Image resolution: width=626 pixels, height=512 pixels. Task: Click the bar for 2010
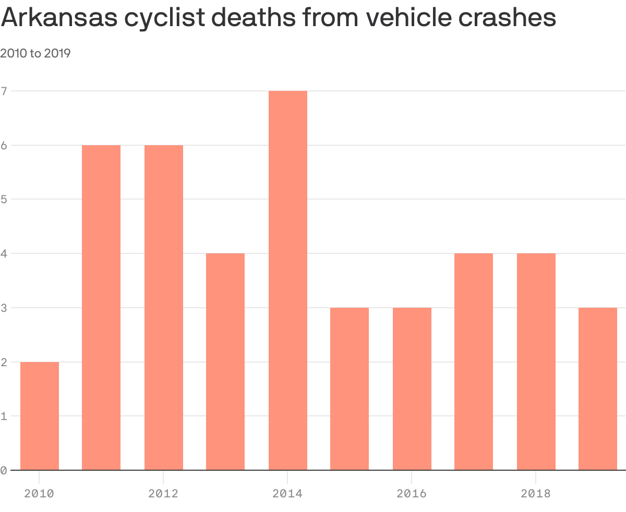coord(40,416)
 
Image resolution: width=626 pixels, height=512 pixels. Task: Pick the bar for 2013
coord(225,362)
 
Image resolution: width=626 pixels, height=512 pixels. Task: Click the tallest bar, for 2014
coord(288,280)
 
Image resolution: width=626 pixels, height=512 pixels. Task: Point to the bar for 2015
coord(350,389)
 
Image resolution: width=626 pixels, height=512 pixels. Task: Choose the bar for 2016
coord(412,389)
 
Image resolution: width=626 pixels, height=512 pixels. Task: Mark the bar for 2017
coord(474,362)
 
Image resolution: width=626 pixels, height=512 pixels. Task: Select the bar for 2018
coord(536,362)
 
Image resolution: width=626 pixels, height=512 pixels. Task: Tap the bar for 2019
coord(598,389)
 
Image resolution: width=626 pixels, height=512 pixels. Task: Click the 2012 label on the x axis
coord(163,493)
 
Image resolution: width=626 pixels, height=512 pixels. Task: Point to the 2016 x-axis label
coord(412,493)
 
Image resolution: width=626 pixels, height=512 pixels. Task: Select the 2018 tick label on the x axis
coord(536,493)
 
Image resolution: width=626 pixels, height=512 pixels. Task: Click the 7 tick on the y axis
coord(4,91)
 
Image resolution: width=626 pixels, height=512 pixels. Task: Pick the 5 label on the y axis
coord(4,199)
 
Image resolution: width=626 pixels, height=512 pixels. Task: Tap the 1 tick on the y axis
coord(4,416)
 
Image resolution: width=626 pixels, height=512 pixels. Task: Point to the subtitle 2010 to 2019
coord(35,53)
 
